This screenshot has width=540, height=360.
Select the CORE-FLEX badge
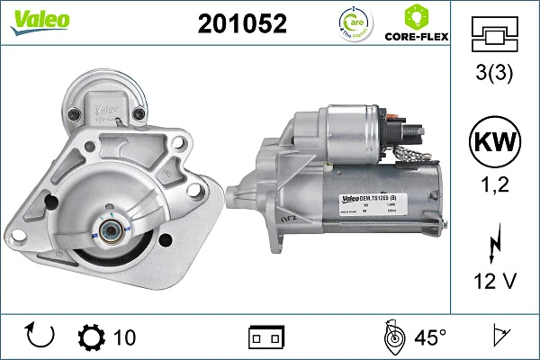point(416,24)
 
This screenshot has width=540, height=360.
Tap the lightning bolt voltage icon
point(494,243)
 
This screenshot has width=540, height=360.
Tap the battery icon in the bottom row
point(266,337)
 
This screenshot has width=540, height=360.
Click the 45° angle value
point(429,337)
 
